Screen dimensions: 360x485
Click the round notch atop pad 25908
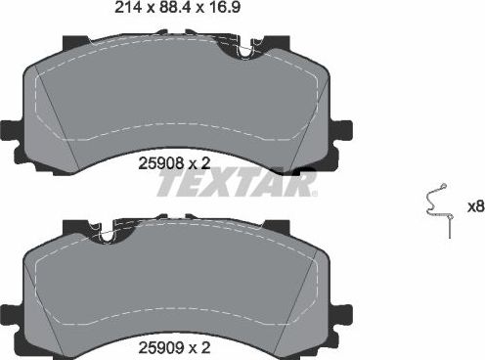242,48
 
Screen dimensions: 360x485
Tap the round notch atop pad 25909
107,232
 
